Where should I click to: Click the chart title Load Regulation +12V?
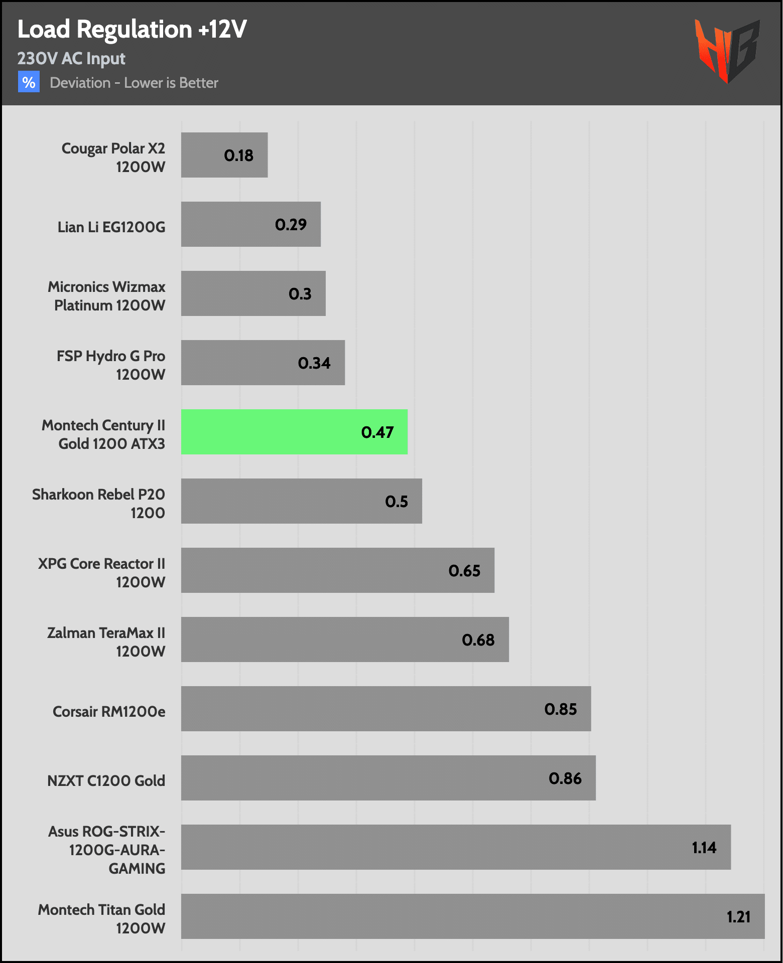[x=132, y=29]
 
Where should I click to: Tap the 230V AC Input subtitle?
[x=71, y=59]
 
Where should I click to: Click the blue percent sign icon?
[x=29, y=82]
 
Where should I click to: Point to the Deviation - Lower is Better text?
[x=134, y=83]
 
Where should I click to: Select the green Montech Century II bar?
[x=294, y=432]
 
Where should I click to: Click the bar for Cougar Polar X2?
[x=224, y=155]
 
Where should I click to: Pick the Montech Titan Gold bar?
[x=472, y=916]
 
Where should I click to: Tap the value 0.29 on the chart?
[x=291, y=224]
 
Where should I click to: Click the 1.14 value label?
[x=704, y=848]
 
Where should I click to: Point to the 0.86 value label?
[x=565, y=778]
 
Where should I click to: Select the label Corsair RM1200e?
[x=109, y=712]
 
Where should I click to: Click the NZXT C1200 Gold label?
[x=106, y=781]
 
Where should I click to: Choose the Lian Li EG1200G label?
[x=111, y=227]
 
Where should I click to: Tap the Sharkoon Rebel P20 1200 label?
[x=99, y=503]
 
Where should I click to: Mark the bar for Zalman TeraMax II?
[x=345, y=639]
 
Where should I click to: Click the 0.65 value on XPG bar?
[x=464, y=571]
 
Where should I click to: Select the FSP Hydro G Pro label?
[x=111, y=365]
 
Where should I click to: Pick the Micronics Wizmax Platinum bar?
[x=253, y=293]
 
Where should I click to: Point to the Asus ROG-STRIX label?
[x=107, y=850]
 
